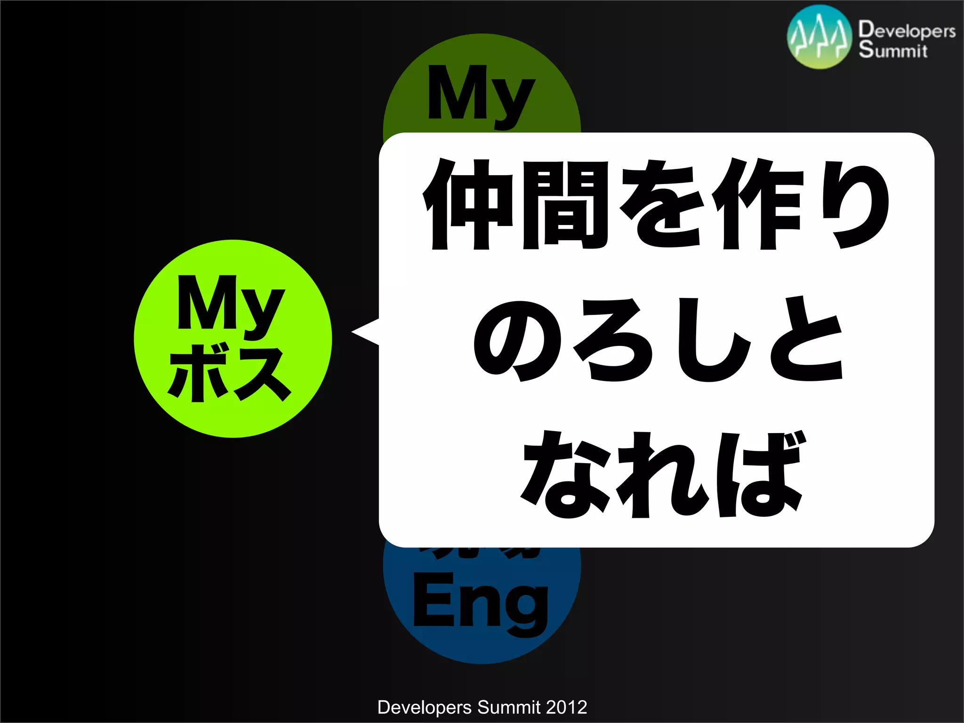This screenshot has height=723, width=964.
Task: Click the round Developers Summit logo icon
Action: [x=819, y=37]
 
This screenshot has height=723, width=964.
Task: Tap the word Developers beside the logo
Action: [x=907, y=30]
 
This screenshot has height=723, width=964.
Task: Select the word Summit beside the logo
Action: [x=892, y=50]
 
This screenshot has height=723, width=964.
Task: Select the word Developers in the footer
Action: [x=424, y=707]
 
